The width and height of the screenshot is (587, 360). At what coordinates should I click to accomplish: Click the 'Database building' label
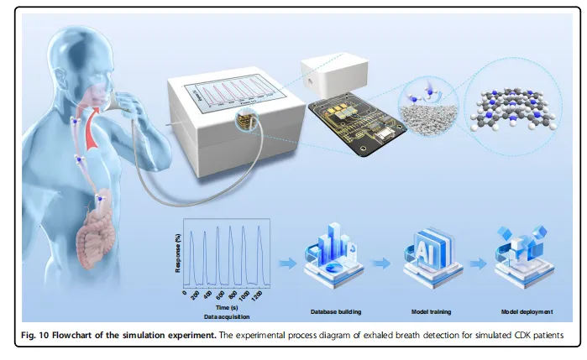pyautogui.click(x=334, y=311)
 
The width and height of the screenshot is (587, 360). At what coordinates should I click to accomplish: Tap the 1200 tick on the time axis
pyautogui.click(x=258, y=299)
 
